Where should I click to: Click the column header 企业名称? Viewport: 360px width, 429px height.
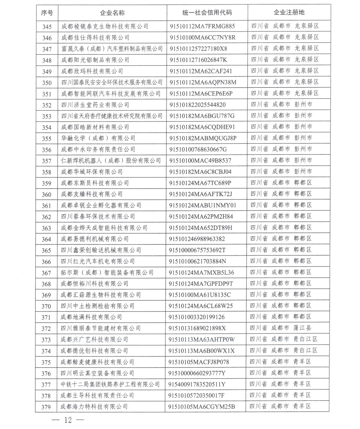[112, 13]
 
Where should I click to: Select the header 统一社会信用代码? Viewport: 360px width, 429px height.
[207, 13]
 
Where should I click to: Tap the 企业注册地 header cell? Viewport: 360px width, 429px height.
[289, 12]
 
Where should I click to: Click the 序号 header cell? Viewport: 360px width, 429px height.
[47, 13]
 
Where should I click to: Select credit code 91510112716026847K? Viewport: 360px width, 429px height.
[198, 60]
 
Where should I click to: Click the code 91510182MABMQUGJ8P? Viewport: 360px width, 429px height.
[203, 138]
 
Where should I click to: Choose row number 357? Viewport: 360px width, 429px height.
[47, 161]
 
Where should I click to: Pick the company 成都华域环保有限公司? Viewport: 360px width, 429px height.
[92, 172]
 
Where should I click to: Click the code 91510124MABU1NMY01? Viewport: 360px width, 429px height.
[202, 206]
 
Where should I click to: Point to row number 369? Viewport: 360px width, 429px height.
[46, 295]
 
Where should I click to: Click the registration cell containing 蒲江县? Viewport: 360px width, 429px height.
[281, 328]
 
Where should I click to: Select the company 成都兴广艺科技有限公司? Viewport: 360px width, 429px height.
[94, 339]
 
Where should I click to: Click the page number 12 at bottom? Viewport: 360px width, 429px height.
[68, 420]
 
